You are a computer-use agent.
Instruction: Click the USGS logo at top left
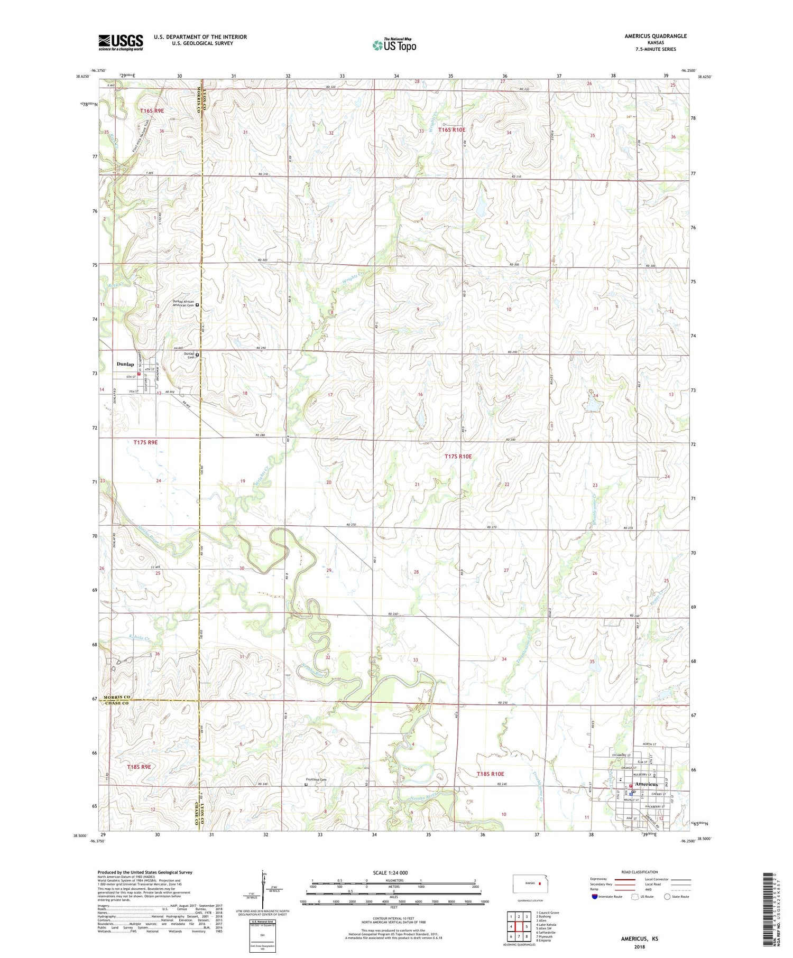[121, 42]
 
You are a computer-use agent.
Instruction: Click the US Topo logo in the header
[394, 45]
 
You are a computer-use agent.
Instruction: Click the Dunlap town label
[125, 364]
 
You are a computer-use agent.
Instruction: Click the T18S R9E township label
[139, 766]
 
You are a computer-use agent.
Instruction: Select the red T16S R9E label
[152, 110]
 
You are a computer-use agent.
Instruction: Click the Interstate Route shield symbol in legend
[595, 897]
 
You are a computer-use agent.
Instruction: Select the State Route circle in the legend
[667, 897]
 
